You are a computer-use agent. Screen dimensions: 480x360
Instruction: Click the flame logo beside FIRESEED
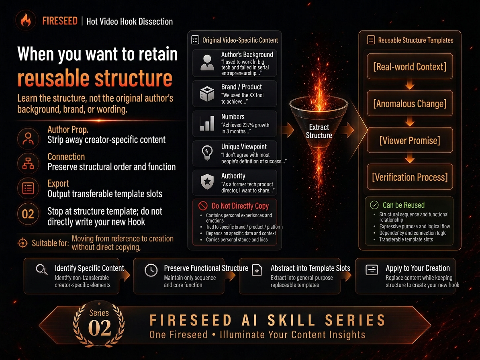tap(26, 20)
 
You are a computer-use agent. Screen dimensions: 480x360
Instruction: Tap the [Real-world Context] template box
tap(410, 66)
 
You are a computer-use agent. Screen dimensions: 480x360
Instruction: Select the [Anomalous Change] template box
tap(410, 104)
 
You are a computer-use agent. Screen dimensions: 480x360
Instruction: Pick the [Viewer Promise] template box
tap(410, 140)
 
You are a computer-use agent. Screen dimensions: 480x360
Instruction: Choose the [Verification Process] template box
tap(410, 177)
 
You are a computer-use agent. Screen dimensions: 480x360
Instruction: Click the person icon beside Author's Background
tap(207, 62)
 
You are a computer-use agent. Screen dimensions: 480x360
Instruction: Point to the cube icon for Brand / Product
tap(207, 93)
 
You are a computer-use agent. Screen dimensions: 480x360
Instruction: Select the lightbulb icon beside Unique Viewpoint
tap(207, 152)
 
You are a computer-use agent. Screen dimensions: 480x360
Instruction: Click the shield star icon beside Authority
tap(207, 182)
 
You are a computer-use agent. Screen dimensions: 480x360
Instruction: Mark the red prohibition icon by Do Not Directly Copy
tap(203, 206)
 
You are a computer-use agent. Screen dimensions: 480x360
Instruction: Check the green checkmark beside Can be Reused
tap(374, 205)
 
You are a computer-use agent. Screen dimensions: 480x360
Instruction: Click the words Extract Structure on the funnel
tap(319, 131)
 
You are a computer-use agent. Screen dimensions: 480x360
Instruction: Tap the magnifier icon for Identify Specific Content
tap(42, 269)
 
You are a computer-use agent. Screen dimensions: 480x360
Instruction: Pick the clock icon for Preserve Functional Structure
tap(151, 270)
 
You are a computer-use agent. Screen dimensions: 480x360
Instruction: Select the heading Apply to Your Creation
tap(418, 268)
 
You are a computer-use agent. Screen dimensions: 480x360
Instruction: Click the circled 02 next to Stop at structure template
tap(28, 214)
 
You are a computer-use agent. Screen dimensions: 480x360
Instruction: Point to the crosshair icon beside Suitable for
tap(22, 243)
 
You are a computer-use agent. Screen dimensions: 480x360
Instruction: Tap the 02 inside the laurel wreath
tap(100, 328)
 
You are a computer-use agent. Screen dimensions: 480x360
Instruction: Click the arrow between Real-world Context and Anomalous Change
tap(410, 85)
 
